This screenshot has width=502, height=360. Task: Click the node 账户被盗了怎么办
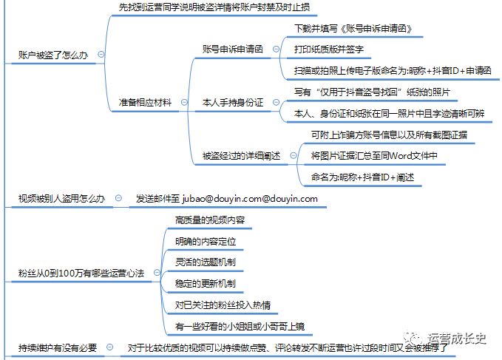click(53, 55)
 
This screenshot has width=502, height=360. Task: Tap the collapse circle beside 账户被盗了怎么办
click(101, 55)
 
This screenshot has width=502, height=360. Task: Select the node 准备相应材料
click(145, 103)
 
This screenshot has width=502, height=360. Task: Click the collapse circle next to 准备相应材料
click(184, 102)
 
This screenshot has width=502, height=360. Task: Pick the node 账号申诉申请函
click(232, 49)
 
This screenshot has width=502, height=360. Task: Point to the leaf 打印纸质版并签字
click(329, 50)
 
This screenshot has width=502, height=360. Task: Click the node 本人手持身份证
click(232, 103)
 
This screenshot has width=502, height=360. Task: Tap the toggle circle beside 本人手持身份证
click(276, 102)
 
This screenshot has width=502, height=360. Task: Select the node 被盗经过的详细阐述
click(241, 156)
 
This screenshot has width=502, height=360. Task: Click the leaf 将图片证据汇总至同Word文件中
click(374, 156)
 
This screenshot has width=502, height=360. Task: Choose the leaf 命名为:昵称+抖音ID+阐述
click(362, 177)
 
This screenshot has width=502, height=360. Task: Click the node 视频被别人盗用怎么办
click(61, 199)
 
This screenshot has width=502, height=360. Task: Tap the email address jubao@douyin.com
click(222, 199)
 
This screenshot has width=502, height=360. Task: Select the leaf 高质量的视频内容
click(210, 220)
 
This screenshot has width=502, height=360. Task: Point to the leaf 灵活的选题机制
click(206, 262)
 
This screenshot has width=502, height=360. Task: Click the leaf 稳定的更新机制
click(206, 284)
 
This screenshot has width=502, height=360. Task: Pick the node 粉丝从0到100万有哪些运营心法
click(81, 274)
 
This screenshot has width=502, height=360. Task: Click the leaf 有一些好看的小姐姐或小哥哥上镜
click(240, 327)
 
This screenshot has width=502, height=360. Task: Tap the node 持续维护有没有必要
click(58, 348)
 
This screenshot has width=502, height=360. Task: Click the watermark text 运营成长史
click(457, 339)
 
